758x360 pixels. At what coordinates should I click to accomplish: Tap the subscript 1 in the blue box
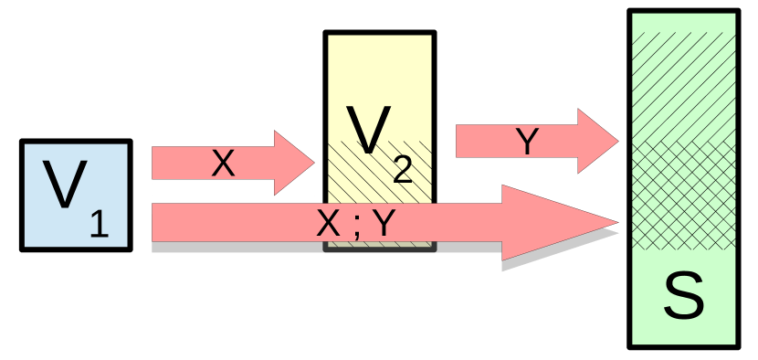pos(99,224)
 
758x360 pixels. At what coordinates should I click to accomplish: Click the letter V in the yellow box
pos(368,131)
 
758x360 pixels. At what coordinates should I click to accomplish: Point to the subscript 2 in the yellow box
pos(402,170)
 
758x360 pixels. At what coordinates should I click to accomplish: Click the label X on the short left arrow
pos(223,164)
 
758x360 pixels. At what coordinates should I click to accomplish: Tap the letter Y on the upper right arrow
pos(527,142)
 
